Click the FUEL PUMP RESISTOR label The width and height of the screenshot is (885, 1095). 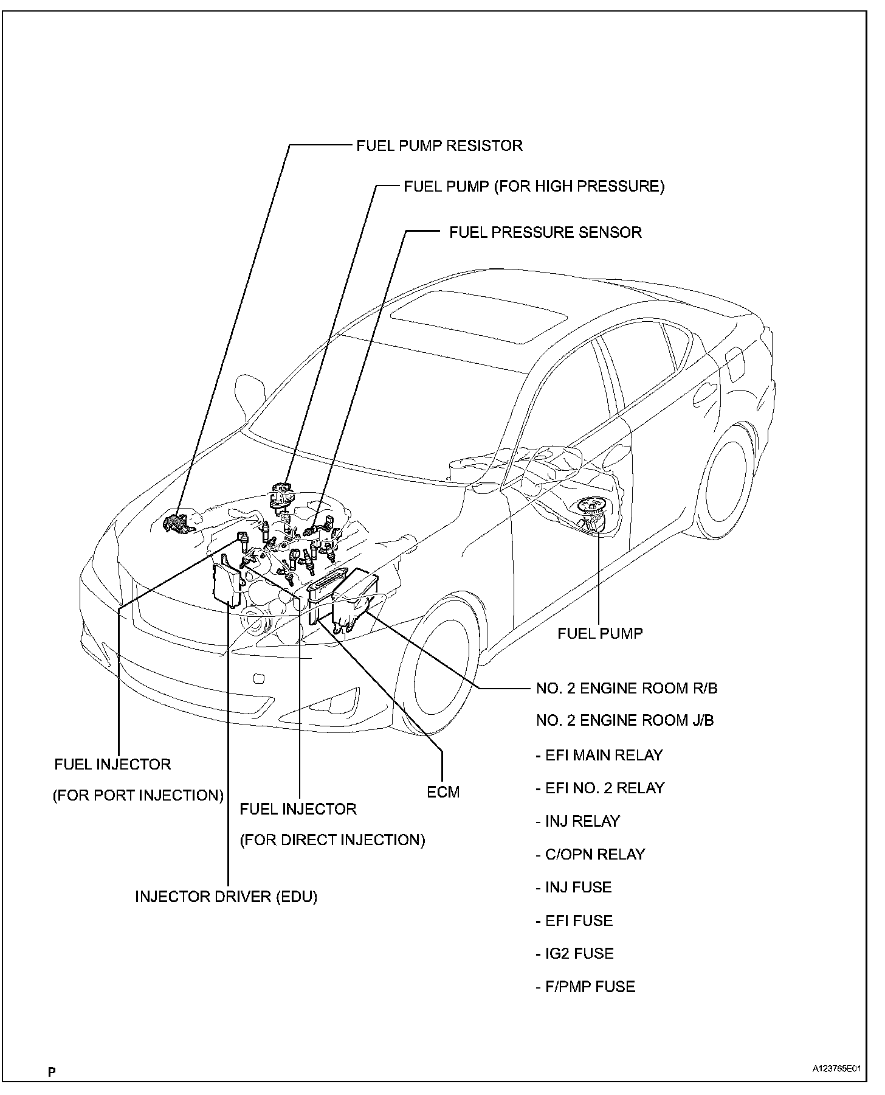tap(439, 146)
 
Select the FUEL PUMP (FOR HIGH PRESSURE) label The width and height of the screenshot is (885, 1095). tap(534, 186)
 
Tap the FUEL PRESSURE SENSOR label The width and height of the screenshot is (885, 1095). tap(545, 232)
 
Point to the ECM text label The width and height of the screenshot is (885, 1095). tap(443, 793)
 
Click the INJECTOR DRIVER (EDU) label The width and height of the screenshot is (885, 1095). tap(226, 897)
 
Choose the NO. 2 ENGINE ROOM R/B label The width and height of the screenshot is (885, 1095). tap(626, 689)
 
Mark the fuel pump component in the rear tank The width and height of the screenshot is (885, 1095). tap(593, 511)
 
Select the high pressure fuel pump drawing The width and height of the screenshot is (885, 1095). tap(281, 496)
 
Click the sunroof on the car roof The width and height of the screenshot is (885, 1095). tap(479, 316)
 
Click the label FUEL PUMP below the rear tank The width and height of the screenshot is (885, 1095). tap(600, 633)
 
